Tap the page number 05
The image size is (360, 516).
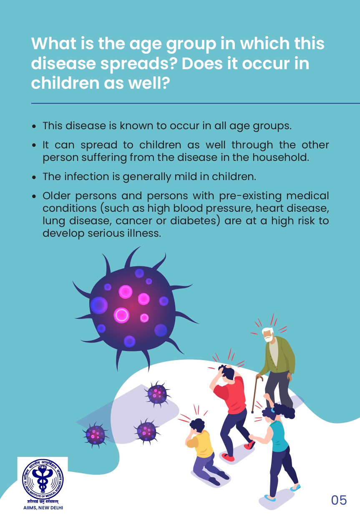[x=339, y=500]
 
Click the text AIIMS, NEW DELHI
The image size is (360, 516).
[x=43, y=508]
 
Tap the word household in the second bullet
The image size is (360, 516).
[x=280, y=157]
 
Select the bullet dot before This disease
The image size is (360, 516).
[x=34, y=126]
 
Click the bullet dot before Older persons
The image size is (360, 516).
[x=34, y=196]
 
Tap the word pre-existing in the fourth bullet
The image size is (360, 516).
[x=250, y=196]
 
